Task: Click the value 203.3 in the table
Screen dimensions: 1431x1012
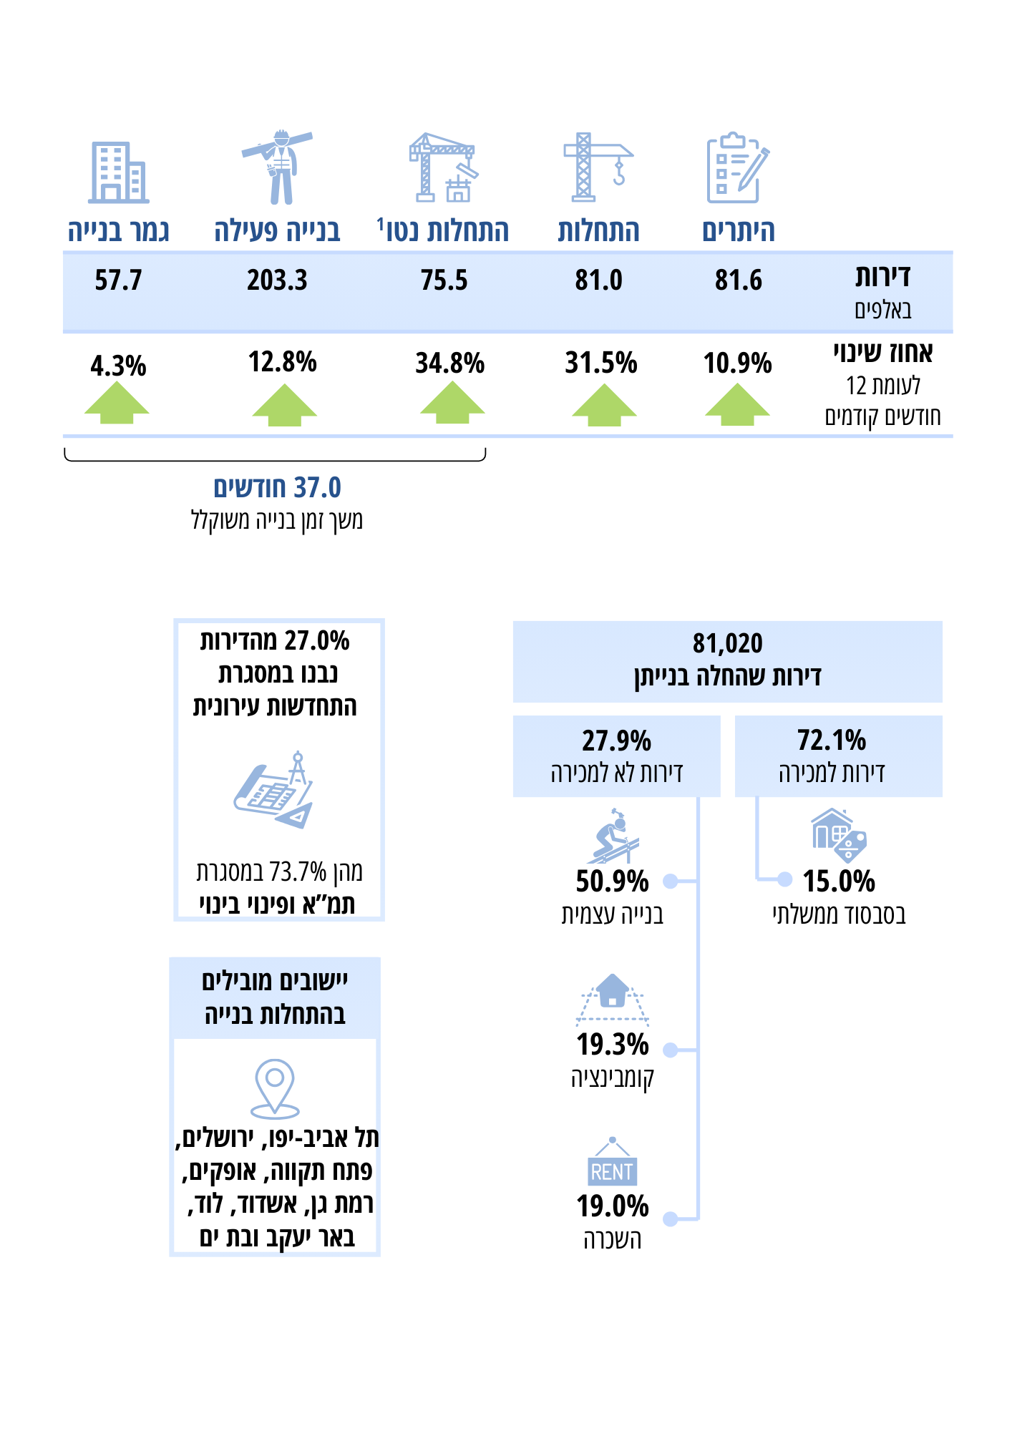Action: [x=277, y=280]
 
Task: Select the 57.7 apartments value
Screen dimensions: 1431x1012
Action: [x=118, y=280]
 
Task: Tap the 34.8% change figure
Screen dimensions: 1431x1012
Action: [x=449, y=363]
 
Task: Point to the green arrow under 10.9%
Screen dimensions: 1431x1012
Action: [x=737, y=405]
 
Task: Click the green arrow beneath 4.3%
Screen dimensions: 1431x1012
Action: [x=117, y=403]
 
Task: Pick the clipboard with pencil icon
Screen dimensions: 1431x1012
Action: [x=737, y=168]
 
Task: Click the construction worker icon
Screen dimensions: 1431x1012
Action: [x=278, y=168]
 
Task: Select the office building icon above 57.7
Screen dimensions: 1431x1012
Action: [x=118, y=172]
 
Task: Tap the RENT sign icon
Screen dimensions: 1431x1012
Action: [x=612, y=1163]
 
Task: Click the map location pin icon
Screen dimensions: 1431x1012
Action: [x=275, y=1088]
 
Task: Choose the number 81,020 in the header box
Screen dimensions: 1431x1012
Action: [x=727, y=643]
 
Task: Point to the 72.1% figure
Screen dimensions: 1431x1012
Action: [x=831, y=741]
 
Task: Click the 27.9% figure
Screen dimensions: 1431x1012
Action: [x=616, y=741]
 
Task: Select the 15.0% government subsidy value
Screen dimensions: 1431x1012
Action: [x=839, y=881]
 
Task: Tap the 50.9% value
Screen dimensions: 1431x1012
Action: [x=612, y=881]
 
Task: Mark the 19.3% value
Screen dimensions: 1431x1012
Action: [x=613, y=1045]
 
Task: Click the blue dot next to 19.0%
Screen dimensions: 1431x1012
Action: [x=670, y=1219]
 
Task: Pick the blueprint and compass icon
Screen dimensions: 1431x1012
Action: [x=274, y=791]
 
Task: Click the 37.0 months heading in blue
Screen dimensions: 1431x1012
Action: [x=277, y=488]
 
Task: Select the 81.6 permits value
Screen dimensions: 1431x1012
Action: [x=738, y=280]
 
